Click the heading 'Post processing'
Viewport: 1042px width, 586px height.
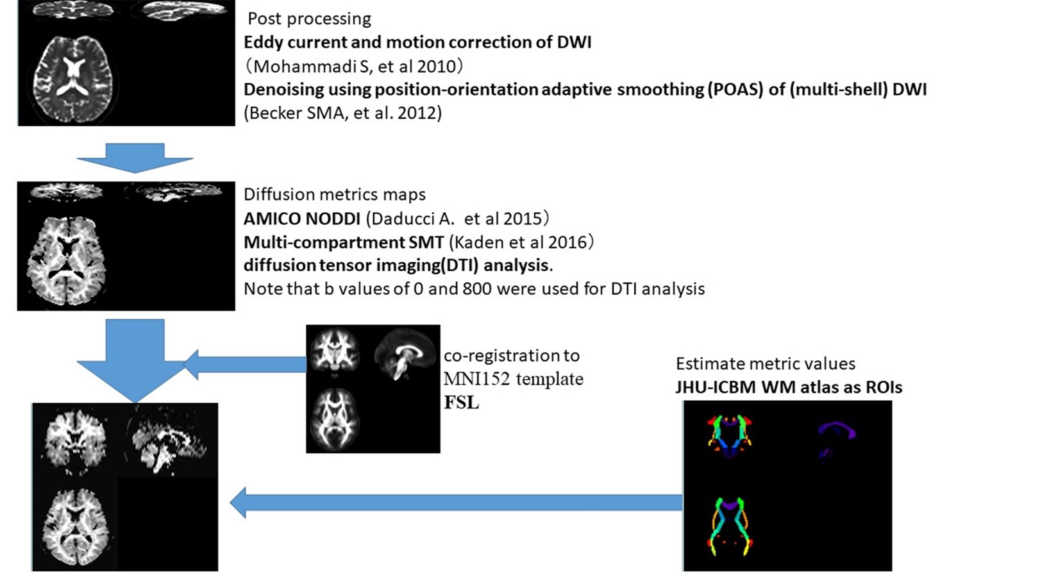pos(309,19)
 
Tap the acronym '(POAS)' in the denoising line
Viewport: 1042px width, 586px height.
pos(735,89)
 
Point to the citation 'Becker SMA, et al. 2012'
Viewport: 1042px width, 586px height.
pos(342,113)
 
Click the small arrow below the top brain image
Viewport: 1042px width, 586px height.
pos(135,158)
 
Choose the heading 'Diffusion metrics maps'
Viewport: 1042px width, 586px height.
pos(334,194)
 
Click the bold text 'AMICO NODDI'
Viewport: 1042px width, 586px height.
pos(301,219)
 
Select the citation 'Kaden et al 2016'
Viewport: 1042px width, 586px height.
pos(521,242)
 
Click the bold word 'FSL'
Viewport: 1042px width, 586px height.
pos(461,403)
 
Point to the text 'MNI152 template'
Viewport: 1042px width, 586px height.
pos(513,379)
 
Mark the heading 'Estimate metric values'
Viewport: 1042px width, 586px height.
pos(765,364)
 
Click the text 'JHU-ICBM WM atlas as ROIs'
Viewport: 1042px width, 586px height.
pos(788,388)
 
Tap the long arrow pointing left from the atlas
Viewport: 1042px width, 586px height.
pos(455,503)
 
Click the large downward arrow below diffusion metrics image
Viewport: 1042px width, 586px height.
pos(135,359)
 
